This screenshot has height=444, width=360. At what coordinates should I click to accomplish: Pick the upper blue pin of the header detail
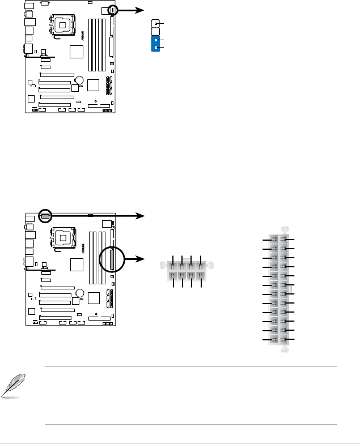pyautogui.click(x=155, y=40)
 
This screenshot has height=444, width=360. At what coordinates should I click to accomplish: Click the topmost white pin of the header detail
pyautogui.click(x=155, y=24)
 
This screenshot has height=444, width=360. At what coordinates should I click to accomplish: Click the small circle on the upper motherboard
pyautogui.click(x=112, y=10)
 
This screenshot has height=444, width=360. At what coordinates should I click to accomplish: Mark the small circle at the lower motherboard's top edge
pyautogui.click(x=46, y=215)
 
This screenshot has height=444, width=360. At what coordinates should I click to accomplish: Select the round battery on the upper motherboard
pyautogui.click(x=81, y=80)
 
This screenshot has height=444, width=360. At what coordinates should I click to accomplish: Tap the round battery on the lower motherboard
pyautogui.click(x=81, y=293)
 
